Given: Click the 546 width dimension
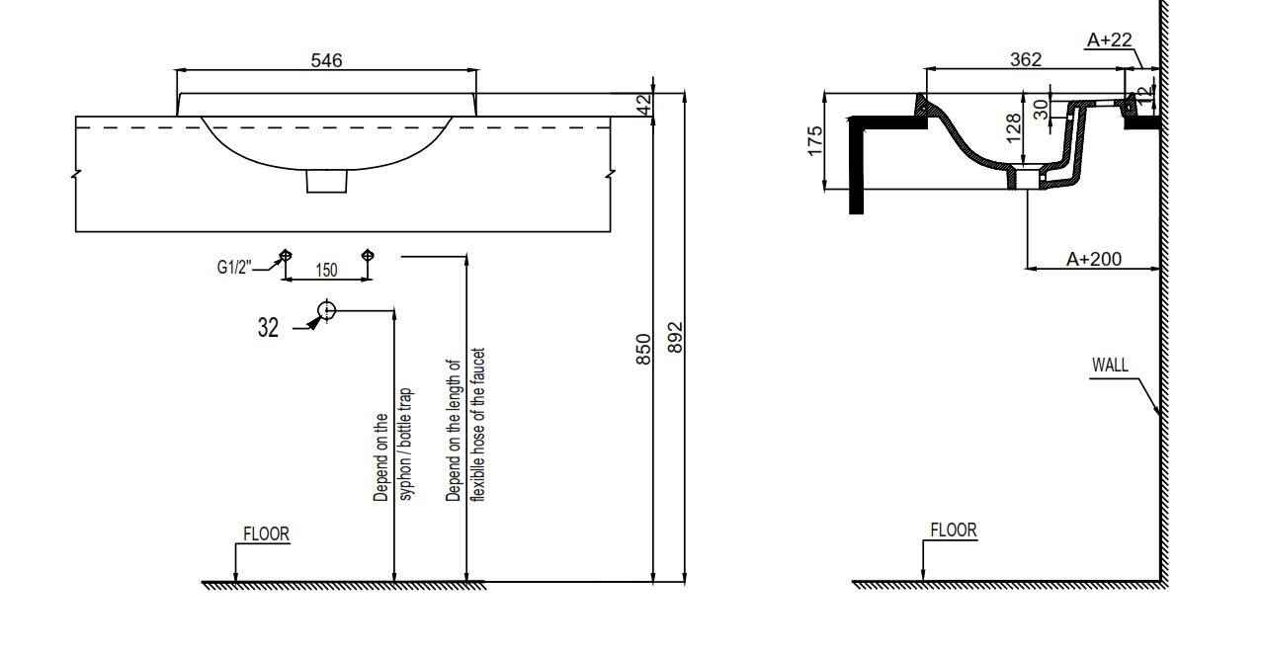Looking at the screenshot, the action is coord(326,60).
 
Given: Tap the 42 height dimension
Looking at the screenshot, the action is coord(643,104).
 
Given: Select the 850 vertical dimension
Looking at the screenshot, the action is coord(643,350).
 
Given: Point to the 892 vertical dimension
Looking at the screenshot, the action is coord(675,338).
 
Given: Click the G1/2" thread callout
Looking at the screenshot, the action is coord(234,267).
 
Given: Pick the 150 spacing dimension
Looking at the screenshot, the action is coord(326,271).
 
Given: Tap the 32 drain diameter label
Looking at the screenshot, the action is coord(268,327).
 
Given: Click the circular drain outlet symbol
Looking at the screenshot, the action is coord(326,310).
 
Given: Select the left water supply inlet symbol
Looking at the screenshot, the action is coord(286,256).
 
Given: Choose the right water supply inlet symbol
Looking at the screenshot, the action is coord(368,256).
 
